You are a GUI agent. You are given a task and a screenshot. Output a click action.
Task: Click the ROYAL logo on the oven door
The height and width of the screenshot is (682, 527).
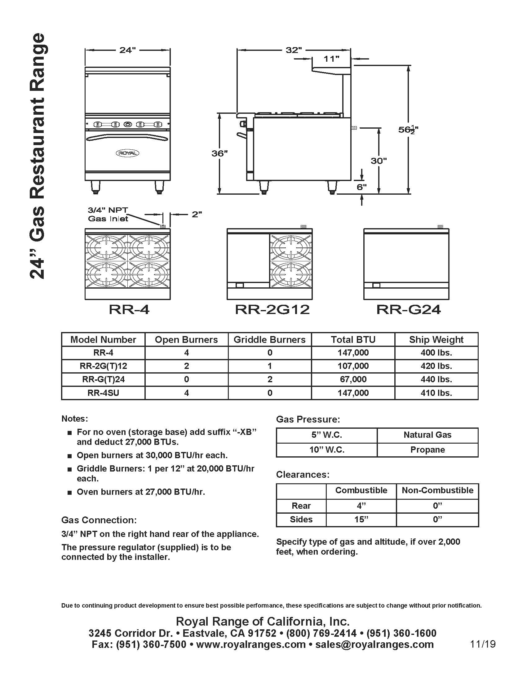[127, 153]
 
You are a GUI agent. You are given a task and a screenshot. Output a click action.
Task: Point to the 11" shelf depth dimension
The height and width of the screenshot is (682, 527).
[331, 58]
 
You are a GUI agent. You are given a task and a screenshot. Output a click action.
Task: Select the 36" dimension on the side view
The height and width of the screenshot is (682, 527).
[219, 153]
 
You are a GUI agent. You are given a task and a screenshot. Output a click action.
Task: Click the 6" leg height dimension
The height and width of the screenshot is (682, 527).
[361, 187]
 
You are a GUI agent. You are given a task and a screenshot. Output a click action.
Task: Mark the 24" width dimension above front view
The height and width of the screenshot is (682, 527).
[127, 50]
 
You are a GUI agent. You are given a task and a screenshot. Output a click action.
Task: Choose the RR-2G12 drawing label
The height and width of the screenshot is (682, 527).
[272, 309]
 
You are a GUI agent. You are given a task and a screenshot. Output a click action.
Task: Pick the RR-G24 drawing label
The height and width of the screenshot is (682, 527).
[408, 309]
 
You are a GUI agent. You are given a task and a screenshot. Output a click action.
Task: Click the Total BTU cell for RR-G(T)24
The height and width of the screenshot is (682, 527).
[353, 379]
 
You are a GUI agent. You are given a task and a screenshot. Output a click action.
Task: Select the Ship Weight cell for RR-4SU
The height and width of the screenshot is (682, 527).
[436, 392]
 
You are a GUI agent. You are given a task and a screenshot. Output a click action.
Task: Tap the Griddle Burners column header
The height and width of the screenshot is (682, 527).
[269, 339]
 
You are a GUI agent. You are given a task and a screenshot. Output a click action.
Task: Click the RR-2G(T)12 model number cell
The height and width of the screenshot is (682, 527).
[103, 366]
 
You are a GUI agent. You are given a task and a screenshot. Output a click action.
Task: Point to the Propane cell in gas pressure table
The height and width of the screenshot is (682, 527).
[427, 450]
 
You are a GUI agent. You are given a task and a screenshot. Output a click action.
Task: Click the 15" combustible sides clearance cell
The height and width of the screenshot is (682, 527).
[361, 519]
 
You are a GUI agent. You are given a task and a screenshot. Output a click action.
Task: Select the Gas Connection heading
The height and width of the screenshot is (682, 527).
[99, 520]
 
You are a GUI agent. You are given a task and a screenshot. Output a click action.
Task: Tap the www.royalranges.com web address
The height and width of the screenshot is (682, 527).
[251, 644]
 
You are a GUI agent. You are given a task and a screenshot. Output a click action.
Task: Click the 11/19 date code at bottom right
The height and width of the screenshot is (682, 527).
[483, 644]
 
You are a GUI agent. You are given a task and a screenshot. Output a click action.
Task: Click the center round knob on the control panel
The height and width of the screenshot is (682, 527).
[128, 124]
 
